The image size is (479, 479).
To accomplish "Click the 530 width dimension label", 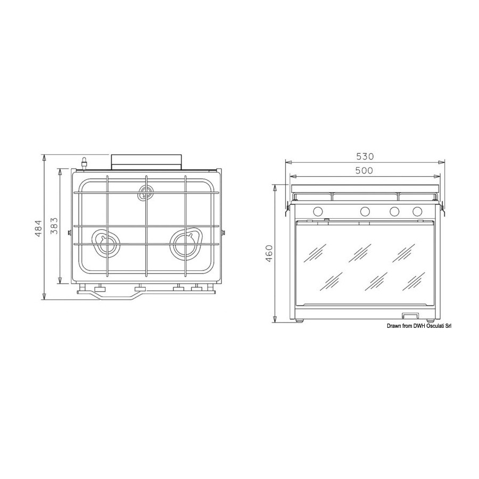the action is click(x=365, y=156).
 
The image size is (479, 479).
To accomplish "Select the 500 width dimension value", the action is click(x=364, y=170).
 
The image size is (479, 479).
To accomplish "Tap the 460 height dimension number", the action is click(x=269, y=254).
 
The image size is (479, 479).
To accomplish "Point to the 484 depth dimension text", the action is click(x=38, y=229).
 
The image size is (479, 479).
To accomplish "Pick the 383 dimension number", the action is click(x=54, y=226).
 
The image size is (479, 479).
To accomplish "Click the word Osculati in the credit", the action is click(x=435, y=326).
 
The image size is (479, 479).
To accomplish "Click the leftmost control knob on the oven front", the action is click(x=318, y=211).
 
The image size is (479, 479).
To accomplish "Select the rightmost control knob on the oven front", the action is click(x=417, y=211).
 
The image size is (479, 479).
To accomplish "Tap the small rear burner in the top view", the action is click(x=146, y=193).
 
